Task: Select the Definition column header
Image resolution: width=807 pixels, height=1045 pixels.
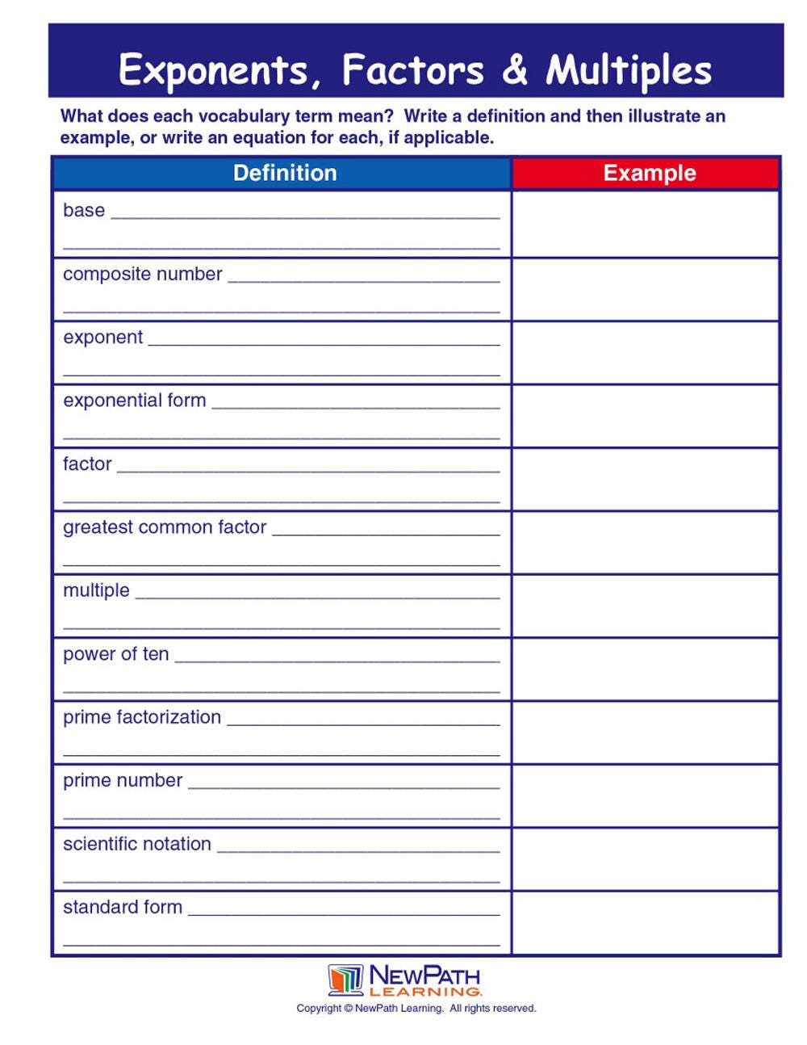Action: (284, 173)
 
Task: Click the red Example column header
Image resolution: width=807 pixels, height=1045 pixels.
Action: (649, 173)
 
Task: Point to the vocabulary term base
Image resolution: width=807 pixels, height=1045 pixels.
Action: (84, 211)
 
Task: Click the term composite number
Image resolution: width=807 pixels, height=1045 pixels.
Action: (142, 274)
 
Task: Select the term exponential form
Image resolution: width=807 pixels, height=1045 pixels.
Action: (135, 401)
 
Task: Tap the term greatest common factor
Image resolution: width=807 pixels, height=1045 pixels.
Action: (165, 527)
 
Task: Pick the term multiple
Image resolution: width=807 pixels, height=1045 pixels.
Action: (96, 590)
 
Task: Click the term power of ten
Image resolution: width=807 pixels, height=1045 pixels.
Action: (116, 654)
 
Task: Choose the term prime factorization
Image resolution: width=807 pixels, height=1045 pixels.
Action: (142, 717)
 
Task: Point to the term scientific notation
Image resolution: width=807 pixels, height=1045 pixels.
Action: (137, 844)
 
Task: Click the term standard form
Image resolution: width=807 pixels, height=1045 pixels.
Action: (123, 907)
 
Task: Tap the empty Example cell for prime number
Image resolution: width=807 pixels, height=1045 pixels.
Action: (646, 796)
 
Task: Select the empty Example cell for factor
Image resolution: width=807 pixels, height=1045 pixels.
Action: (646, 480)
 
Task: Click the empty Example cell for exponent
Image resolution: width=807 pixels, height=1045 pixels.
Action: (646, 353)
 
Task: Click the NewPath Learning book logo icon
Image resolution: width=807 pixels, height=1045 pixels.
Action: (345, 980)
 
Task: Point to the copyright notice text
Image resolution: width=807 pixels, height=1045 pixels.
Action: (416, 1008)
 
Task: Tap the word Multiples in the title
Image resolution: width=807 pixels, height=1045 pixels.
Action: (629, 70)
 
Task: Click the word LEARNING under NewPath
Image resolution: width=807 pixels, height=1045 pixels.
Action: (425, 991)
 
